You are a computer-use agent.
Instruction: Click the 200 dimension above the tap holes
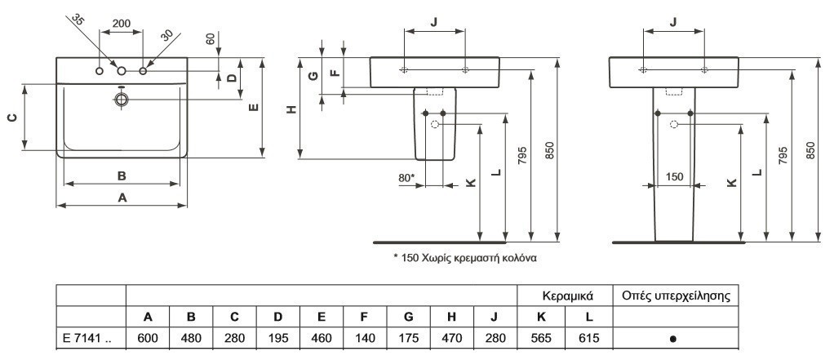tap(122, 24)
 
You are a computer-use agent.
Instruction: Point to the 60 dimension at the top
tap(212, 38)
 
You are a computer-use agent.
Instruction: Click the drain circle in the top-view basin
tap(122, 100)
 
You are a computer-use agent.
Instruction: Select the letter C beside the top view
tap(11, 118)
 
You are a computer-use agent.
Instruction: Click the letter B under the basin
tap(121, 175)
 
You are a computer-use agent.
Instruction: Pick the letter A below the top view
tap(122, 197)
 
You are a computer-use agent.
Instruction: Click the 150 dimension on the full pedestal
tap(674, 176)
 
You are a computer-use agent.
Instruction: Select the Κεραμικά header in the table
tap(567, 295)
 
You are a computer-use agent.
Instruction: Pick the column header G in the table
tap(408, 317)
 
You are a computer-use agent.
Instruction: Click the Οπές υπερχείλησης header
tap(676, 295)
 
